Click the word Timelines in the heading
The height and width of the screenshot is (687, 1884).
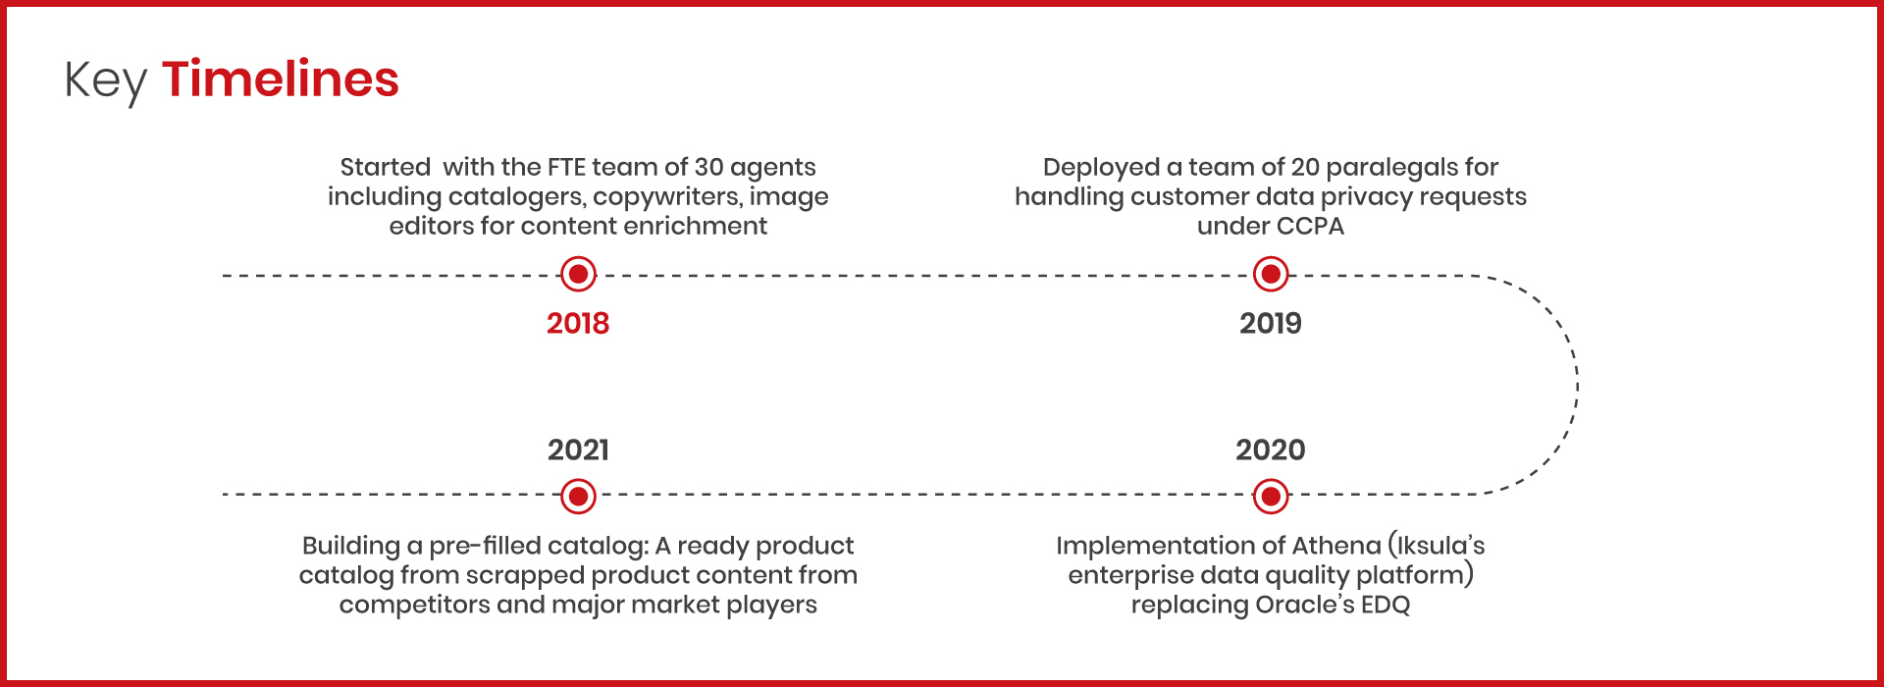tap(281, 79)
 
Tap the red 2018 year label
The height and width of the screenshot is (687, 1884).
tap(578, 323)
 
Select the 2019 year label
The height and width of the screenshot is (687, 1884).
tap(1271, 323)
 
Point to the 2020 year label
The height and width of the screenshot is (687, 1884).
tap(1271, 449)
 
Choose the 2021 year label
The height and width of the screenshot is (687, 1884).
tap(578, 449)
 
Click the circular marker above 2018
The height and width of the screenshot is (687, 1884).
tap(578, 274)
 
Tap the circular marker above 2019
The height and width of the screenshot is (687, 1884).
tap(1271, 274)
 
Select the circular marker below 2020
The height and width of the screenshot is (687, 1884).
tap(1271, 497)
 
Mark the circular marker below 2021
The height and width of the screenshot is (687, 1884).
tap(578, 497)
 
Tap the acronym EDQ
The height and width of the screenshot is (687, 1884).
tap(1386, 605)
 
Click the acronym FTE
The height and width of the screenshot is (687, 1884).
tap(566, 167)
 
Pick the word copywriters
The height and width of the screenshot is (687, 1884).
tap(667, 198)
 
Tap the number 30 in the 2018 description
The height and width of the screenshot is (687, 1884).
tap(709, 167)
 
